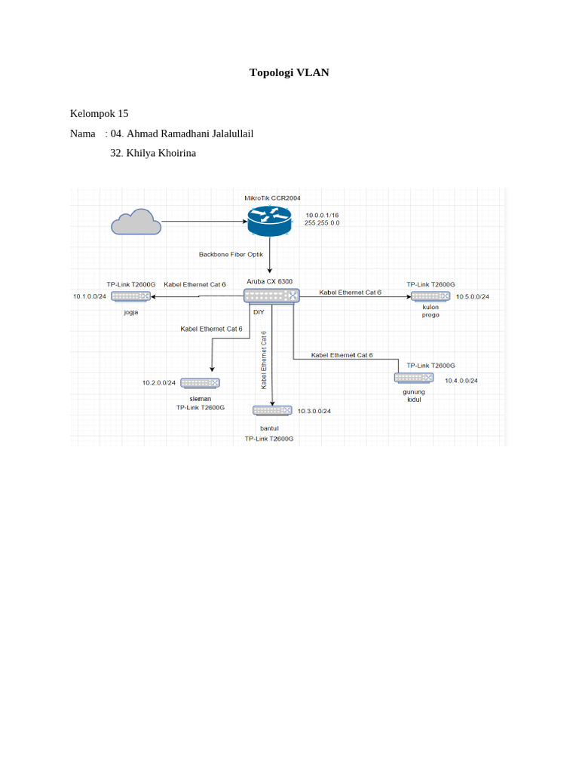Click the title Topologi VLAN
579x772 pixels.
pos(289,73)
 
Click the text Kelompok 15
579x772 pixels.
pos(99,114)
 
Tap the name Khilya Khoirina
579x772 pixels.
pos(161,153)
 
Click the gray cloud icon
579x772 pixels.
pos(136,222)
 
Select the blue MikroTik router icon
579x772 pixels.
pos(269,221)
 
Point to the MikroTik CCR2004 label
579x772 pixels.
pos(272,198)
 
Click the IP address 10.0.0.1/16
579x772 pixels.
pos(322,215)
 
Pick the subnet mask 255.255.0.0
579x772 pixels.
pos(322,223)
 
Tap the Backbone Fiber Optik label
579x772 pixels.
pos(231,254)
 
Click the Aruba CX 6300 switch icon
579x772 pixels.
pos(271,296)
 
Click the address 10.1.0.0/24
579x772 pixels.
pos(90,296)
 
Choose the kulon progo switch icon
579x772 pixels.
pos(430,296)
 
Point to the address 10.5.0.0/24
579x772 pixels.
pos(472,296)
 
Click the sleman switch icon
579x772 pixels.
pos(201,383)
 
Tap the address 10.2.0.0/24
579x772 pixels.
pos(158,383)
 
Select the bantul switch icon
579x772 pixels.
pos(271,410)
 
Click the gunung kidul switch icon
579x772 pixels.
pos(413,378)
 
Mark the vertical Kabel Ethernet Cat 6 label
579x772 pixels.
pos(264,360)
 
